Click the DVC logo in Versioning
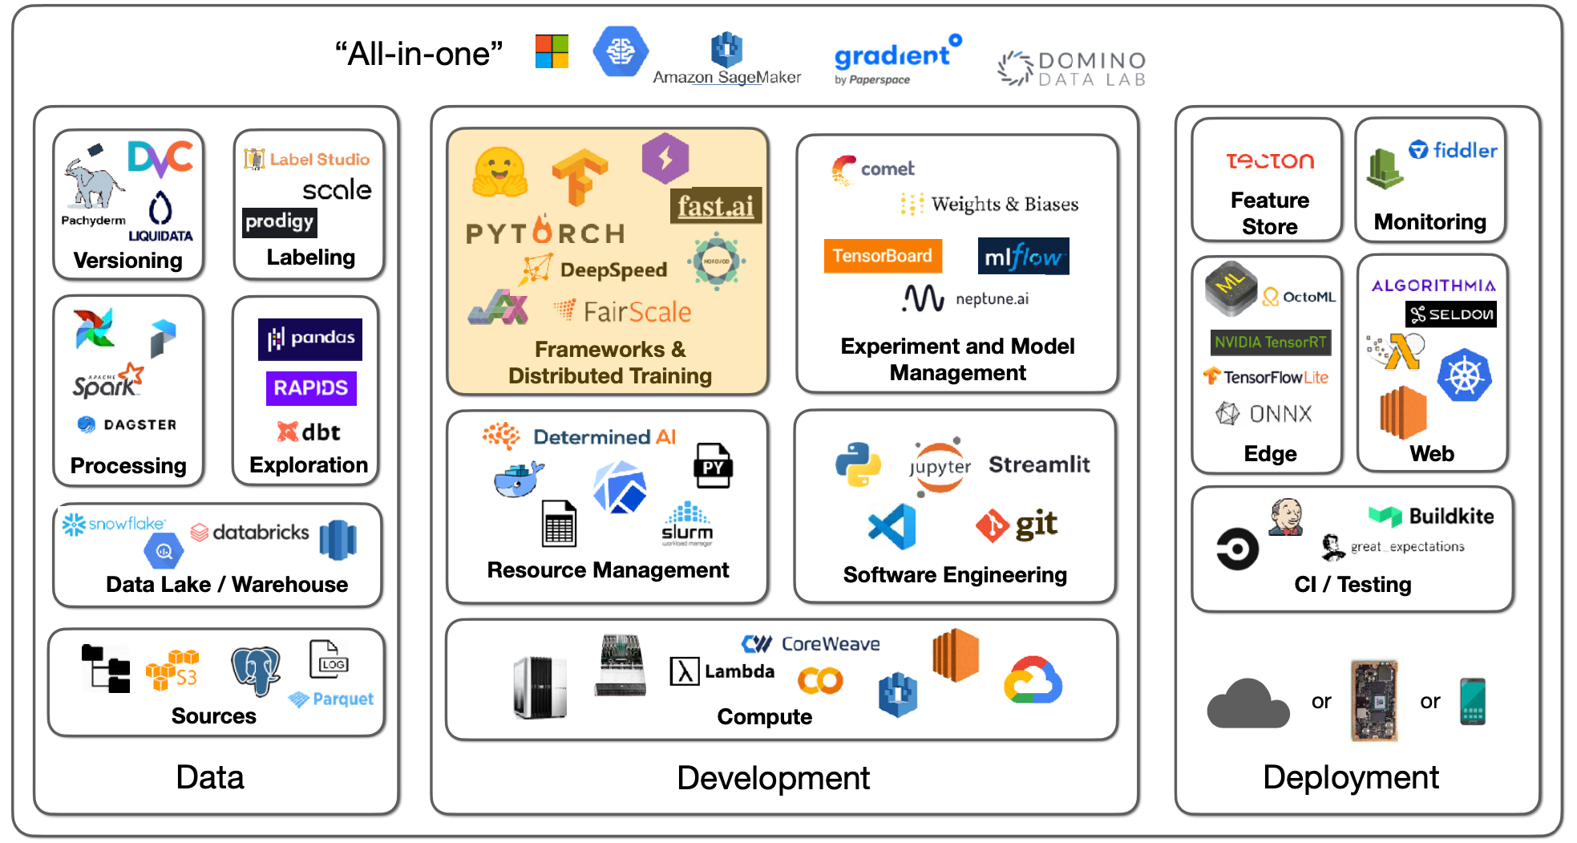pos(160,158)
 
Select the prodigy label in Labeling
pos(279,221)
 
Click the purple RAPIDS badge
pos(311,388)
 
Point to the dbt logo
pos(309,432)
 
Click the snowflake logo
pos(114,525)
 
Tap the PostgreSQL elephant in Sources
pos(255,670)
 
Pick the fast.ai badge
pos(715,206)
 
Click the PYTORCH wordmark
pos(545,233)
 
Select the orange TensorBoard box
pos(882,256)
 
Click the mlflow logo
pos(1023,257)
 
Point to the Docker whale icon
pos(518,479)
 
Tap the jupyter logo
pos(940,466)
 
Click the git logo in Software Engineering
pos(1017,525)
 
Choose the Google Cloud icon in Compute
pos(1033,680)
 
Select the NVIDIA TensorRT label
pos(1270,342)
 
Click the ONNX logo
pos(1264,414)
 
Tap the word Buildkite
pos(1451,517)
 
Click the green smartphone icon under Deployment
pos(1473,701)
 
